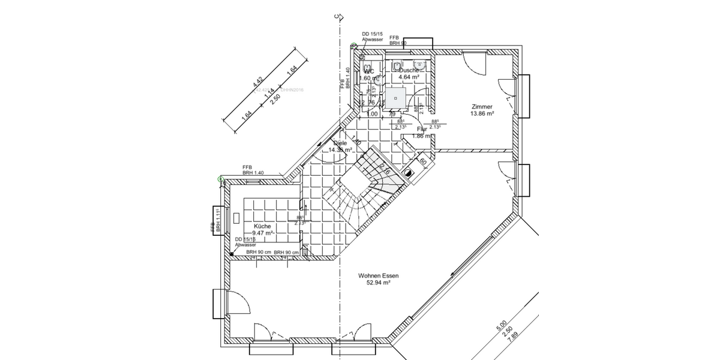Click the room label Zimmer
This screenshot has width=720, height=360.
[482, 106]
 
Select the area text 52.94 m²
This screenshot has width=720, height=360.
[379, 284]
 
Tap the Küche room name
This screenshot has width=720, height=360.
[254, 226]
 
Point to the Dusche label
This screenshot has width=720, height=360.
[409, 70]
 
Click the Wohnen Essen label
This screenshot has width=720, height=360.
[379, 276]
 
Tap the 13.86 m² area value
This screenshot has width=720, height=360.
[482, 113]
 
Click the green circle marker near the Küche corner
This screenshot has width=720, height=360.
[221, 179]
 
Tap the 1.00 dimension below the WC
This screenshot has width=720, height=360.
[372, 114]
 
